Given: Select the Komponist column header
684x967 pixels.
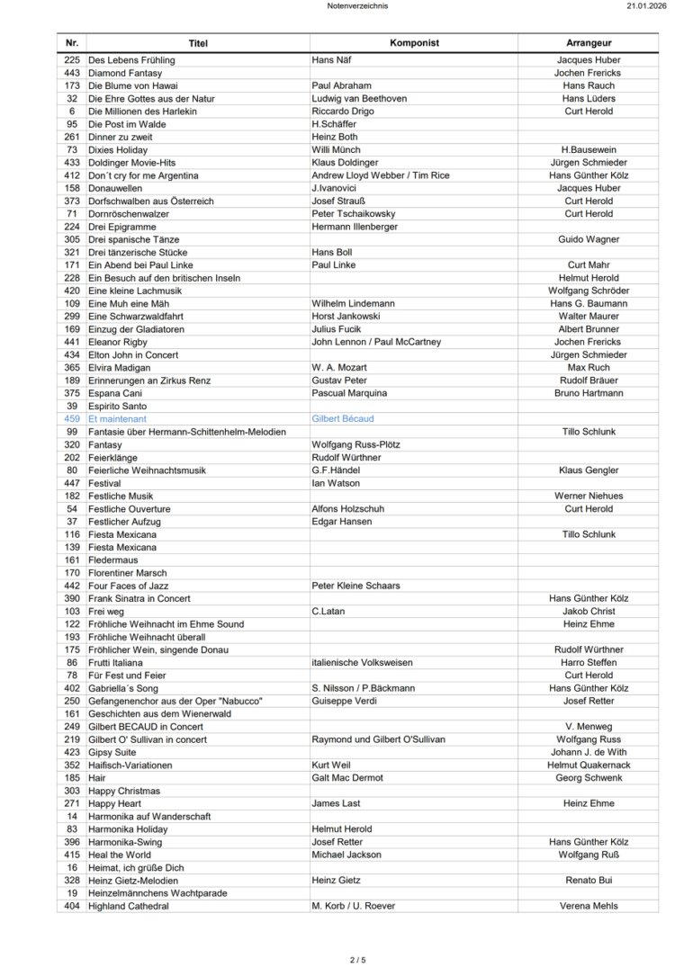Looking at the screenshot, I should click(413, 43).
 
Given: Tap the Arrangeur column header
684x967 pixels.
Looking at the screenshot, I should click(589, 43).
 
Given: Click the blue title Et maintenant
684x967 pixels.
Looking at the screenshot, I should click(117, 419).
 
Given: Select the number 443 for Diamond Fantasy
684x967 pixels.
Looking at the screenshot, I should click(73, 73).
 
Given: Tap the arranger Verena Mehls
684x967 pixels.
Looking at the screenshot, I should click(589, 906).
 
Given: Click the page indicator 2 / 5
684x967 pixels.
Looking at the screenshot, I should click(357, 960).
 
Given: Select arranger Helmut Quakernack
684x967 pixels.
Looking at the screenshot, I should click(589, 765).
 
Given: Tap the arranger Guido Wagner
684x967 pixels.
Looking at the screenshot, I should click(589, 240).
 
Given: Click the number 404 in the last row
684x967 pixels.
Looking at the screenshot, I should click(73, 906).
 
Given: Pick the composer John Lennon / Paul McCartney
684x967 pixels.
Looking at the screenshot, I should click(376, 342).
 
